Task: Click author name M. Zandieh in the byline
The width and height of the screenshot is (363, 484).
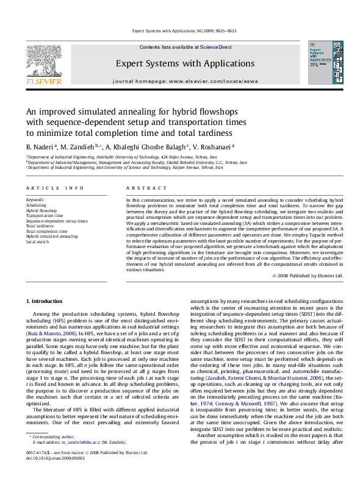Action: (x=77, y=147)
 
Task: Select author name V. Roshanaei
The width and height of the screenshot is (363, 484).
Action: (x=215, y=147)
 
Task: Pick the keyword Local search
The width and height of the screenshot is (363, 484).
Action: (x=38, y=242)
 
